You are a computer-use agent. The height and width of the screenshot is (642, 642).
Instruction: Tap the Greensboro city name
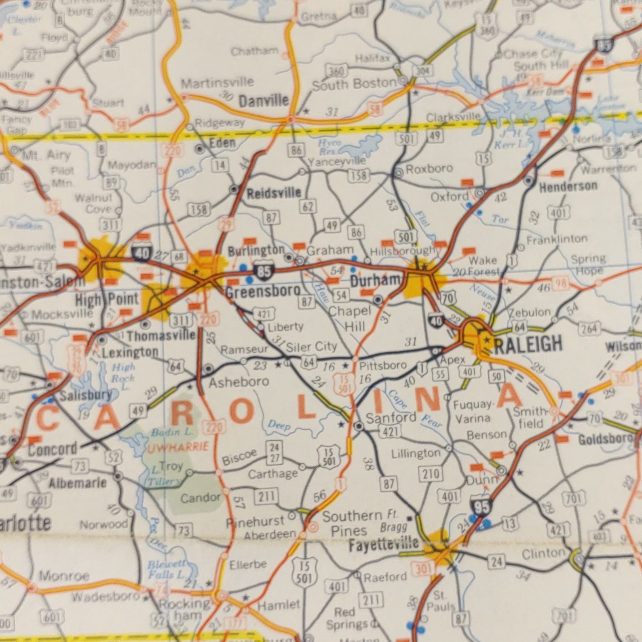(x=263, y=291)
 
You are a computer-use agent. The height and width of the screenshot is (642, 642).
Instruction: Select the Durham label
(x=375, y=281)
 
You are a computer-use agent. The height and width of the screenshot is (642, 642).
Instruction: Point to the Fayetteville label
(x=383, y=545)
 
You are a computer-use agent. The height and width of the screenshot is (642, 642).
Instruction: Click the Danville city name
(x=264, y=101)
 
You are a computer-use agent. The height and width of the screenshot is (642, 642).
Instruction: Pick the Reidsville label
(x=274, y=193)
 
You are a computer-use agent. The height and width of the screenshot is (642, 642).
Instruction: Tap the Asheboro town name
(x=239, y=382)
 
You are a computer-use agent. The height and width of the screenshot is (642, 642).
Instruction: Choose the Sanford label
(x=391, y=417)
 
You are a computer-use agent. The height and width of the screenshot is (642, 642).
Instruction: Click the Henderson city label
(x=568, y=187)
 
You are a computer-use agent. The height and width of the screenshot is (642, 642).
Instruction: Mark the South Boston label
(x=354, y=84)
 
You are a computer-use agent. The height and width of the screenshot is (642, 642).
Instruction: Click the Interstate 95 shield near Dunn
(x=481, y=507)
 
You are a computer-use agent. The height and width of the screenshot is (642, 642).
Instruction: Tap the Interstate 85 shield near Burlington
(x=264, y=271)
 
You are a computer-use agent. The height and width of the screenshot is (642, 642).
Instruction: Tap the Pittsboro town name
(x=383, y=365)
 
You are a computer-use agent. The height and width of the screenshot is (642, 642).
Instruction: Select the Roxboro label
(x=429, y=168)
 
